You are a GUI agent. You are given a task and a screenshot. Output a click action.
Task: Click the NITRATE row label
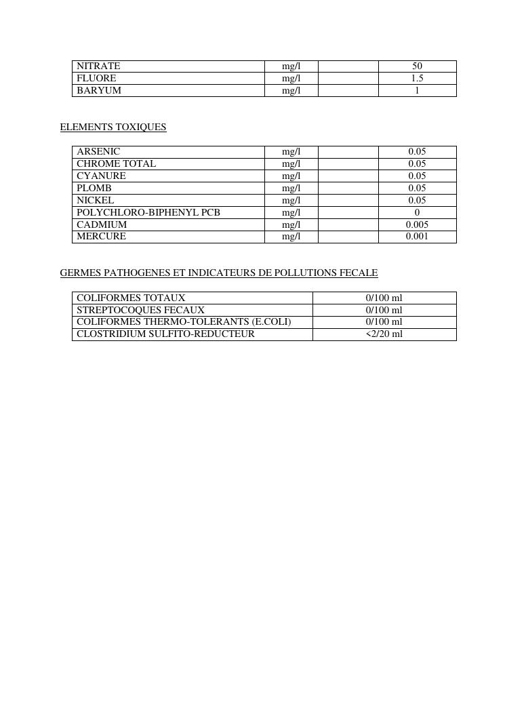(98, 66)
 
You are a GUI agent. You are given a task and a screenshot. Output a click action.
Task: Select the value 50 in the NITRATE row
(417, 66)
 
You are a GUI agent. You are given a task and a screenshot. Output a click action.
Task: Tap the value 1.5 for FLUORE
(417, 79)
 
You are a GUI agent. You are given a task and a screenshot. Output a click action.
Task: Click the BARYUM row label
(99, 91)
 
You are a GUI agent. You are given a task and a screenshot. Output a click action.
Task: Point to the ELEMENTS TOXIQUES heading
(113, 127)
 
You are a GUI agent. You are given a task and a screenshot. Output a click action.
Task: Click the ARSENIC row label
(98, 152)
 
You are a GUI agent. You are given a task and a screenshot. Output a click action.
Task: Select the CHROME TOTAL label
(116, 164)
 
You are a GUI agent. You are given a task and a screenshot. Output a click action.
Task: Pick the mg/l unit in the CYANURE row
(291, 176)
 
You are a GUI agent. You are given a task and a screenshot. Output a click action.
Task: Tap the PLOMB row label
(94, 189)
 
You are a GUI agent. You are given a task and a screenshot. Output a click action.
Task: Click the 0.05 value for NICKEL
(417, 201)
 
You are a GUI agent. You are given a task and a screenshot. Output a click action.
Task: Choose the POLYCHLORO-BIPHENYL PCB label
(148, 213)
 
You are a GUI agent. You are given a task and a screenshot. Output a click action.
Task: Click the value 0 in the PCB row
(417, 213)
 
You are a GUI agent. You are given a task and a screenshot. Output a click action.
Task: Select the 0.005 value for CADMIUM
(417, 225)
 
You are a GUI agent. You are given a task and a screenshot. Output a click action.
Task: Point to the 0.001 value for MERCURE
(417, 237)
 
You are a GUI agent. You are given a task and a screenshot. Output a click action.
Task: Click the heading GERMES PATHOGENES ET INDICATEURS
(219, 273)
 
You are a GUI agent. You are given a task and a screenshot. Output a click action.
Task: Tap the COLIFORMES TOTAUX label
(131, 298)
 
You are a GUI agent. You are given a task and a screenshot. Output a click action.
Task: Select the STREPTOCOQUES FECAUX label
(140, 310)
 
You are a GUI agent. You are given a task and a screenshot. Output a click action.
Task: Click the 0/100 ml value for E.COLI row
(384, 322)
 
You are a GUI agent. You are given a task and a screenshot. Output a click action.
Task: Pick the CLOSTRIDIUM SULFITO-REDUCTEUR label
(165, 334)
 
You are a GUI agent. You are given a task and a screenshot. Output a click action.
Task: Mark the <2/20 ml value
(384, 334)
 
